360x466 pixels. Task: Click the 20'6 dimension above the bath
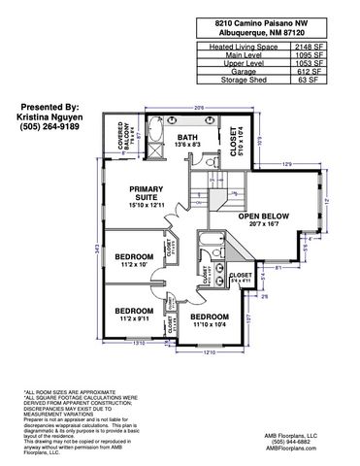click(198, 108)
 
